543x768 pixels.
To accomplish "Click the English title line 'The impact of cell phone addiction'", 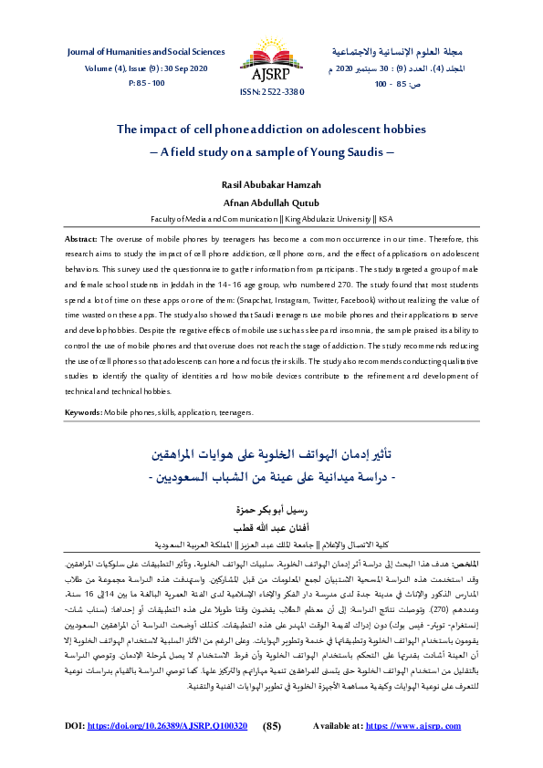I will pos(271,130).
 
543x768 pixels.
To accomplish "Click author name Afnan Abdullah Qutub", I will pos(271,203).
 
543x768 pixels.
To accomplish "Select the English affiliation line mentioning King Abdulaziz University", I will pos(271,219).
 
